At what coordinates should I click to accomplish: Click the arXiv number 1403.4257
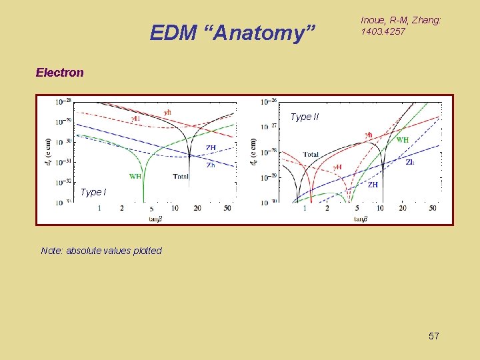pos(383,31)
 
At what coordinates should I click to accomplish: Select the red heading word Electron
pos(59,73)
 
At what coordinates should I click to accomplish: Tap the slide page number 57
pos(433,336)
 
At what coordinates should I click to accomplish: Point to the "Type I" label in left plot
pos(92,192)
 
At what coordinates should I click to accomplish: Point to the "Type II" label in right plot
pos(304,117)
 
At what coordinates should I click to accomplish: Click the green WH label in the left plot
pos(135,177)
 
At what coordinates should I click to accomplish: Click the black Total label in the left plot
pos(181,177)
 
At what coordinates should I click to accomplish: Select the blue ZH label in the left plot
pos(211,147)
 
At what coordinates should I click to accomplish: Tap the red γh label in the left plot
pos(168,112)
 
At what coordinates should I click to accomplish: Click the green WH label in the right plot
pos(403,140)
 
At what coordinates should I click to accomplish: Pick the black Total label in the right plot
pos(311,154)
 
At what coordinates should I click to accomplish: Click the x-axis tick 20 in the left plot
pos(197,209)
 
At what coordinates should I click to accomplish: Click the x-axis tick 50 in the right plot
pos(433,209)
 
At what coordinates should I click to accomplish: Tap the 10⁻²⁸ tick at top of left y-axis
pos(65,101)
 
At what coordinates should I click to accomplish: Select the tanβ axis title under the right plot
pos(359,218)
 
